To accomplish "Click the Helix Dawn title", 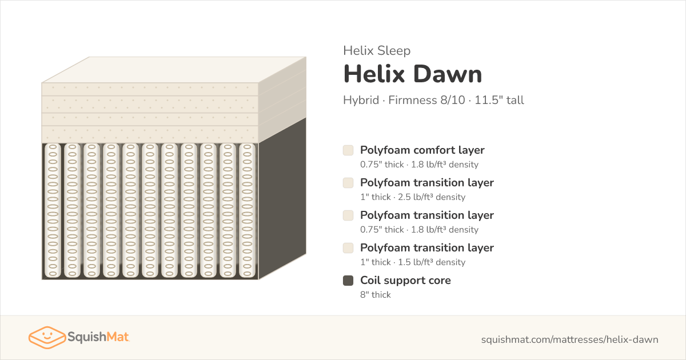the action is (x=413, y=74).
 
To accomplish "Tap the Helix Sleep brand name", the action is (x=377, y=50).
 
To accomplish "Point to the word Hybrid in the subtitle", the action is (x=361, y=100).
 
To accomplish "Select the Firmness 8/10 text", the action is (x=426, y=100).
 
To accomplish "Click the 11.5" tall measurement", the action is (x=499, y=100).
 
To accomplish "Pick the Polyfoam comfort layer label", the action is (x=422, y=150).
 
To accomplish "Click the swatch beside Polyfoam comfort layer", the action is (x=348, y=150).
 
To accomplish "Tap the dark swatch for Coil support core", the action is (x=348, y=281).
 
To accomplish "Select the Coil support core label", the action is (x=405, y=280).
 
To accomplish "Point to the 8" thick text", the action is (x=376, y=294).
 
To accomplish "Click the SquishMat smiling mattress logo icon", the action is (x=47, y=337).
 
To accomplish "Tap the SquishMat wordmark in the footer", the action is (x=98, y=337).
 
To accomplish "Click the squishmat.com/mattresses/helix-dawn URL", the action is (x=569, y=339).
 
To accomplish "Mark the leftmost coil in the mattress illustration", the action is (x=53, y=211).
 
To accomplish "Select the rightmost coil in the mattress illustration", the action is (x=247, y=211).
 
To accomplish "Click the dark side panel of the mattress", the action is (x=282, y=198).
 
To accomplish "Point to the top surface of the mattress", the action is (x=174, y=70).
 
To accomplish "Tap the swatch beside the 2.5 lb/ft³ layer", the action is (x=348, y=183).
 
